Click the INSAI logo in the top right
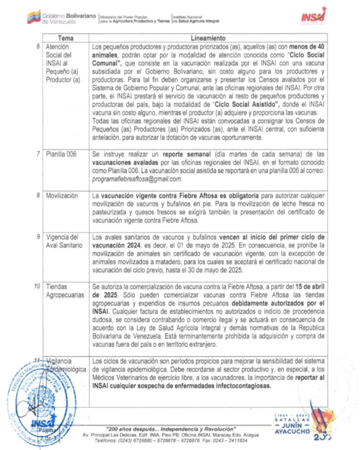point(313,17)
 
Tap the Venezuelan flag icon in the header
point(33,17)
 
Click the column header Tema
point(66,38)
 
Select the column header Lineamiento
point(208,38)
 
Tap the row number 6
point(39,47)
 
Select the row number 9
point(39,238)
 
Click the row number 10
point(38,287)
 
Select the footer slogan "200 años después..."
point(171,429)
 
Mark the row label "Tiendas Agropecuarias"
point(62,291)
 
